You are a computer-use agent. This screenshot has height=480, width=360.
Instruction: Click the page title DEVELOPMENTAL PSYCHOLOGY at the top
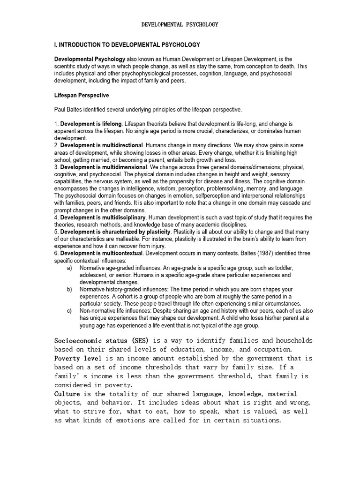[x=180, y=24]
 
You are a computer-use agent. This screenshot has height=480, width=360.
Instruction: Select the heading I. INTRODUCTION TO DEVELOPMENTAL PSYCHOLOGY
[x=127, y=45]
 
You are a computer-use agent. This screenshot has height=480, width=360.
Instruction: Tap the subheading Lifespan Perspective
[x=82, y=96]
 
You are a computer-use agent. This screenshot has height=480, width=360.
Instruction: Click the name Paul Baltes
[x=70, y=110]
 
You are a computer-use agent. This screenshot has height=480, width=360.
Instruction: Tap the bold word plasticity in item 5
[x=157, y=232]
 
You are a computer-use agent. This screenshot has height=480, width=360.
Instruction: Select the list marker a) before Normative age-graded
[x=70, y=268]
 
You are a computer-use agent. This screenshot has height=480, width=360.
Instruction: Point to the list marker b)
[x=70, y=290]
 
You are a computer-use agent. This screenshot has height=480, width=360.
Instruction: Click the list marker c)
[x=70, y=311]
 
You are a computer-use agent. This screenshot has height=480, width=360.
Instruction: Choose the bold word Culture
[x=68, y=394]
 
